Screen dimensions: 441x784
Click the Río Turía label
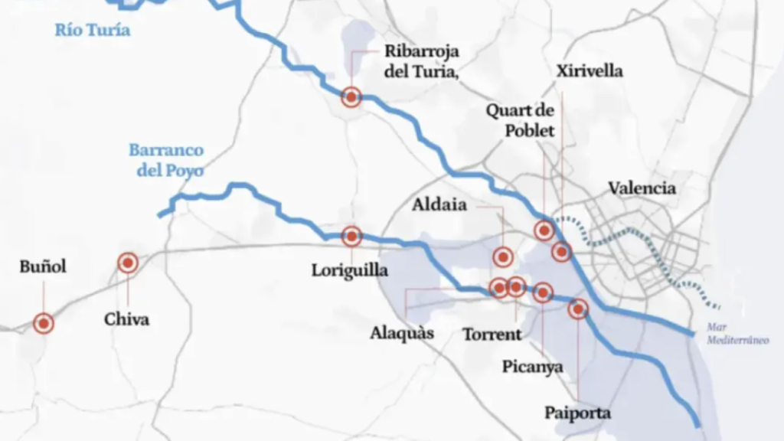92,31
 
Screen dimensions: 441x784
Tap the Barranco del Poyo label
165,160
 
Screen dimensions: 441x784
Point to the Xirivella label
590,71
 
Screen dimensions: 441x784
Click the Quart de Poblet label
521,120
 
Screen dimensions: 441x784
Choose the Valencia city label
642,188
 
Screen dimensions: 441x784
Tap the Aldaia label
439,205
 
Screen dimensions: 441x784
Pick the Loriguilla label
350,270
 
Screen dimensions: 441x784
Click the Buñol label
43,266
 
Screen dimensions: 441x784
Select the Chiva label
127,319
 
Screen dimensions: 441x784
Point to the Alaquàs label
402,333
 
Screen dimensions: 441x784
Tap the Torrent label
492,335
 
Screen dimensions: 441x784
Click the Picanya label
533,367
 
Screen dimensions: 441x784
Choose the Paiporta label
578,413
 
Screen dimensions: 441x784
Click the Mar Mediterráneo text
737,335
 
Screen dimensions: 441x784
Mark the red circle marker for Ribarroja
351,97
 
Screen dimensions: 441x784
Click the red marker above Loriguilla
351,237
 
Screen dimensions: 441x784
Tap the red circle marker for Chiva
128,264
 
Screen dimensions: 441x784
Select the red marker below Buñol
44,324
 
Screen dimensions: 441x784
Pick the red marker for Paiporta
578,309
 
